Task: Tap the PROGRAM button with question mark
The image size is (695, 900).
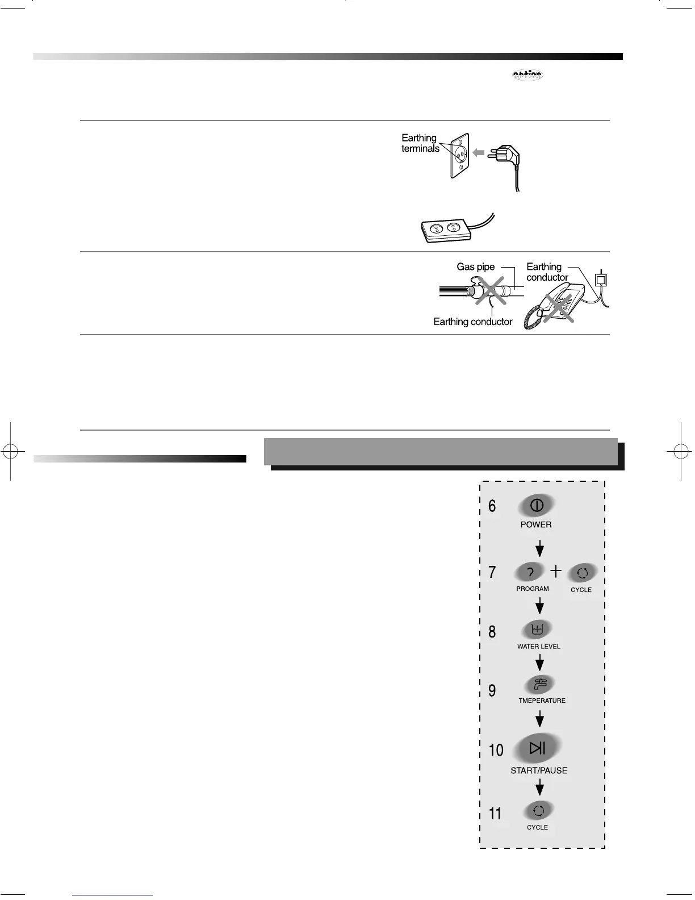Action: click(x=530, y=573)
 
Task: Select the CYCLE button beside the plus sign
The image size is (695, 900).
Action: click(x=581, y=574)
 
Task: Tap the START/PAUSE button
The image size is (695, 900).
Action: click(x=537, y=748)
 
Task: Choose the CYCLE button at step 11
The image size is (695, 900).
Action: click(x=538, y=811)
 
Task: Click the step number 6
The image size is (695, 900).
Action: click(x=492, y=506)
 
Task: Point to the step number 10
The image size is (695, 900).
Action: click(x=496, y=750)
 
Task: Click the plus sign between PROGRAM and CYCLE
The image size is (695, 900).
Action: click(x=556, y=570)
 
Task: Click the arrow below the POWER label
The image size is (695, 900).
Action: click(x=540, y=548)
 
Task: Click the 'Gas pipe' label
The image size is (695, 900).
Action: click(x=475, y=267)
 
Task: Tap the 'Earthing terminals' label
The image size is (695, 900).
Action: click(x=420, y=143)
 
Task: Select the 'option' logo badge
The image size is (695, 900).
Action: click(x=527, y=75)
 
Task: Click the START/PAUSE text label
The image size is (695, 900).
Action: click(x=539, y=770)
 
